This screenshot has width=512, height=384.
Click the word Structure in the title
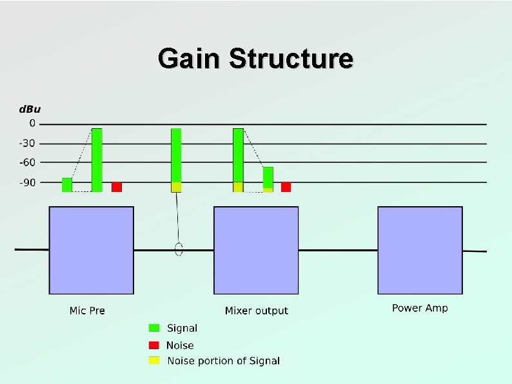[x=291, y=59]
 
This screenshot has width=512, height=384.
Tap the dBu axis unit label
[x=29, y=110]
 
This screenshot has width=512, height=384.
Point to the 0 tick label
[x=33, y=124]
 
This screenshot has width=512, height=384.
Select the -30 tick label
[x=28, y=144]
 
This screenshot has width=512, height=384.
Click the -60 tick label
[x=28, y=163]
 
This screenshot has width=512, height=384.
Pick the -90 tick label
[x=28, y=182]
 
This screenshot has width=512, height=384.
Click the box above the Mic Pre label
[x=92, y=250]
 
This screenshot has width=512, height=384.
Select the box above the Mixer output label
[x=256, y=250]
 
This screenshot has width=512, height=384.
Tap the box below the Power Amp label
[x=420, y=250]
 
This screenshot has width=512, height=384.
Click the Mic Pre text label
[x=87, y=311]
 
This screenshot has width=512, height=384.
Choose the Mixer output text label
[x=257, y=311]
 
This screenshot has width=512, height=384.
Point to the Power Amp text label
[x=420, y=308]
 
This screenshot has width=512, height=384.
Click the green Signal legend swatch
[x=154, y=328]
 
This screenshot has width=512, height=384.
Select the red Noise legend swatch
[x=154, y=345]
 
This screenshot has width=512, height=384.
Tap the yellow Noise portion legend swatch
[x=154, y=360]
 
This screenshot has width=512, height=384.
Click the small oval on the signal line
[x=179, y=249]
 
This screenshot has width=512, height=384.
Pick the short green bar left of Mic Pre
[x=67, y=185]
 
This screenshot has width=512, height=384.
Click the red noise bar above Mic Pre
[x=117, y=187]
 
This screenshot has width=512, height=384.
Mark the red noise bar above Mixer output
[x=286, y=187]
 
